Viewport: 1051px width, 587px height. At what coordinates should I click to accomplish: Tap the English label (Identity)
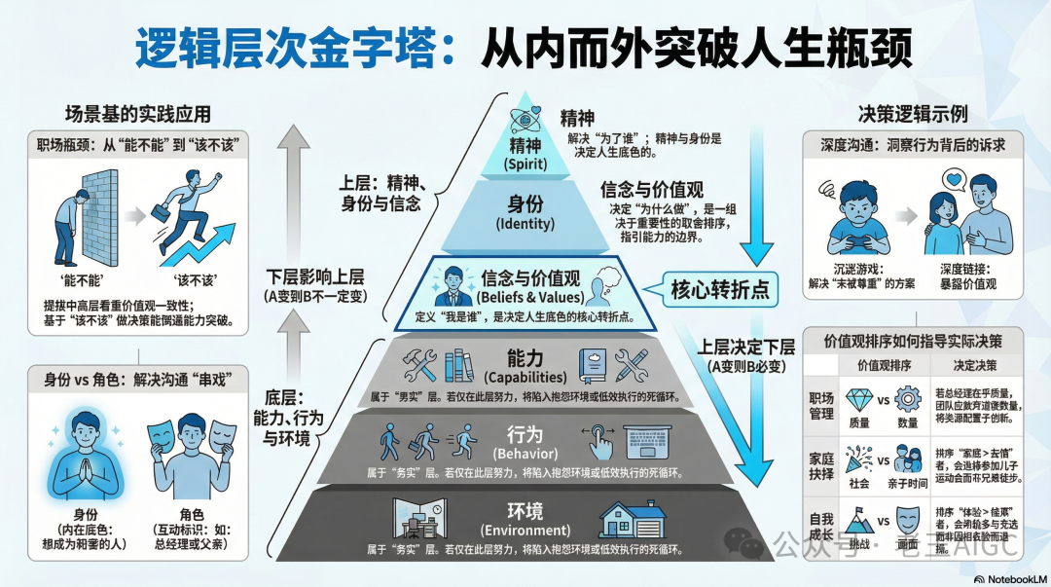pos(525,224)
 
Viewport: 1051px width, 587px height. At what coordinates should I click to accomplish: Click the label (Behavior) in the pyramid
pos(525,453)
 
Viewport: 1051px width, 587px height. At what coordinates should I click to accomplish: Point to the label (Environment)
pos(525,531)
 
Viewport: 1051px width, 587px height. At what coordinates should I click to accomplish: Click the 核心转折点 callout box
pos(719,289)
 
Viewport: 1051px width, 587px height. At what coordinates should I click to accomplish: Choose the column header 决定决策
pos(975,365)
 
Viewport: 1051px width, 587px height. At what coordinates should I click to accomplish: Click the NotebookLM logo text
pos(1009,577)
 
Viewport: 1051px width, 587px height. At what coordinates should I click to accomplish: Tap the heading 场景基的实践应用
pos(137,113)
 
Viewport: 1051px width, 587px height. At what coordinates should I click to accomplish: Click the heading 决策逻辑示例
pos(912,113)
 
